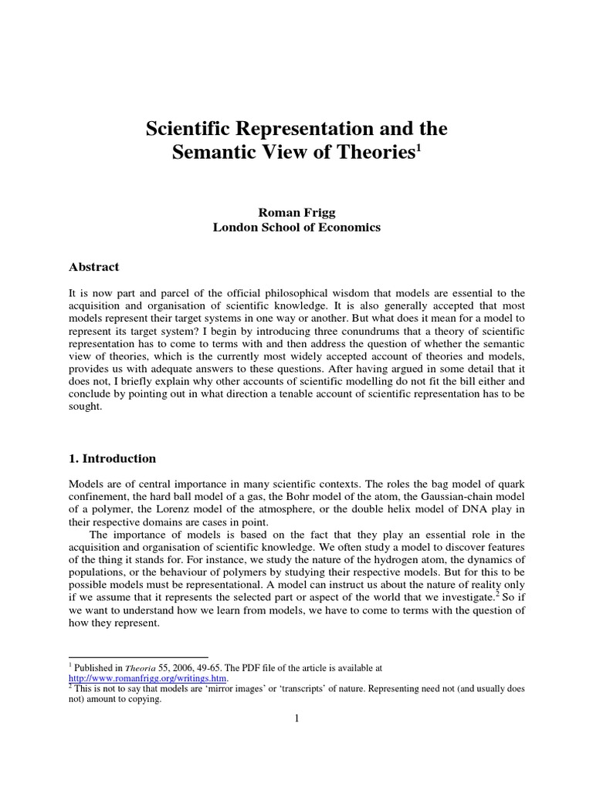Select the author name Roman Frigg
pyautogui.click(x=296, y=213)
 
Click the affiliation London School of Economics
pyautogui.click(x=296, y=228)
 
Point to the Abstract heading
pyautogui.click(x=94, y=267)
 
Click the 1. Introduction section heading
pyautogui.click(x=112, y=458)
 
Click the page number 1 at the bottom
pyautogui.click(x=296, y=718)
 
